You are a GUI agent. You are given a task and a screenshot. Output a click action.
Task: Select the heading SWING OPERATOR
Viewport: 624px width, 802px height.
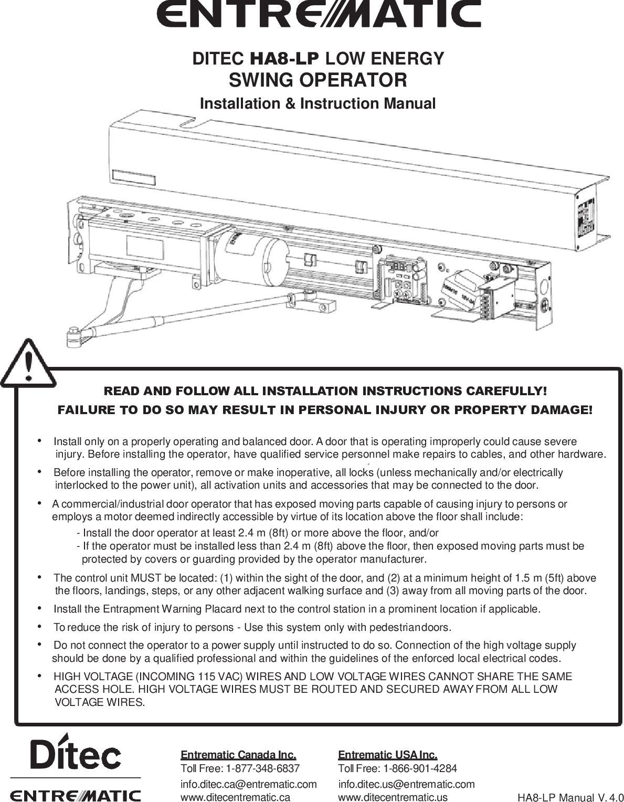[x=318, y=80]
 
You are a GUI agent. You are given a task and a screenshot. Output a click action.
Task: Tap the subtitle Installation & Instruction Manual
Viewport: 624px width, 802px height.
[x=318, y=103]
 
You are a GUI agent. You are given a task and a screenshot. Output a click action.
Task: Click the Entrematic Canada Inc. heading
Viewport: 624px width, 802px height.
[x=238, y=755]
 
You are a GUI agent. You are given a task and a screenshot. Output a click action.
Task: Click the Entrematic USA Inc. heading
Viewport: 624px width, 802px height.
[x=387, y=755]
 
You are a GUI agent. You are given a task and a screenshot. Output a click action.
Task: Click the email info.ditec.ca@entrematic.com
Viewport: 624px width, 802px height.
[x=249, y=784]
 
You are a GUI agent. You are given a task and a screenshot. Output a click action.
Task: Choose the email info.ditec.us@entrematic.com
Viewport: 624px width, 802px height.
[x=406, y=784]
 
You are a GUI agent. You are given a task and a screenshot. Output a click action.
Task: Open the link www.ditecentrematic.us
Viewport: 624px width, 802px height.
[x=393, y=797]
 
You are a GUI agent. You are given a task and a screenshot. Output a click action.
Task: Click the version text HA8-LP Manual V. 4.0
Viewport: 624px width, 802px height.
[x=570, y=798]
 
